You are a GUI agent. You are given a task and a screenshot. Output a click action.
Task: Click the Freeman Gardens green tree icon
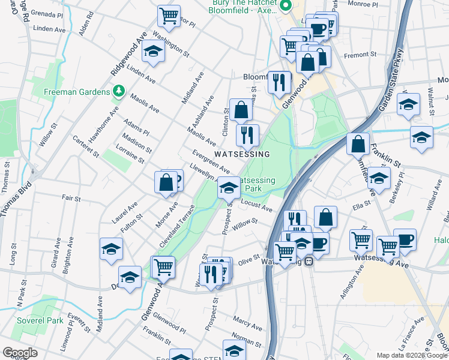[x=119, y=92]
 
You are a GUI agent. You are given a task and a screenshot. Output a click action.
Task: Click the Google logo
[x=20, y=353]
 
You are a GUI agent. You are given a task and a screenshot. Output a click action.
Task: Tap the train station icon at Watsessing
[x=309, y=261]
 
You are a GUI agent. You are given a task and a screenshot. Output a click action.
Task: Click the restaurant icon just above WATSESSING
[x=247, y=135]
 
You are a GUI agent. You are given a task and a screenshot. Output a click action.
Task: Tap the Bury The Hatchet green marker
[x=286, y=6]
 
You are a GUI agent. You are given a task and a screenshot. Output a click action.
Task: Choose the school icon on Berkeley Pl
[x=379, y=178]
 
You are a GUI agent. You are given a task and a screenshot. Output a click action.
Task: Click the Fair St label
[x=71, y=197]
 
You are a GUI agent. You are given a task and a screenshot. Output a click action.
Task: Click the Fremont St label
[x=360, y=54]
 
